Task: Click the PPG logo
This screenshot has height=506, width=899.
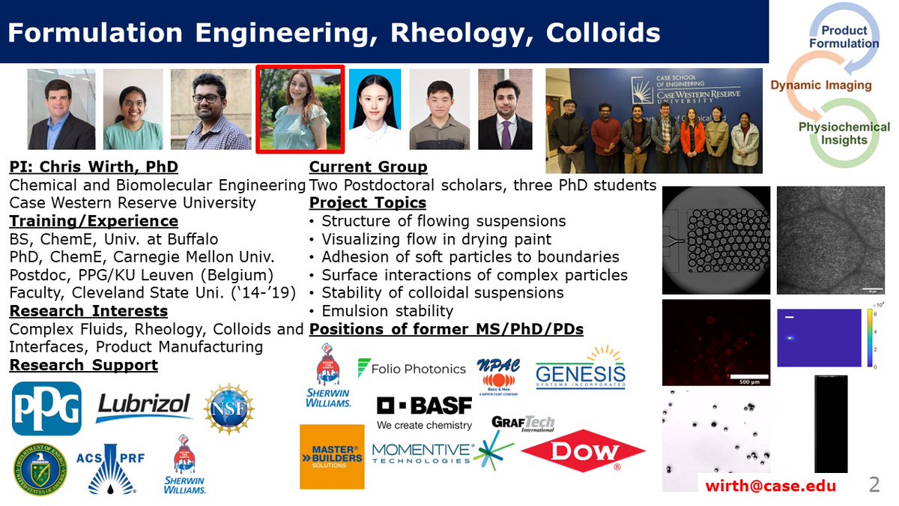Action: tap(46, 409)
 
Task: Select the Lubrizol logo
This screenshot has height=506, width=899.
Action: tap(145, 407)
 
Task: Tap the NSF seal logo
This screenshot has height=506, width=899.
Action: tap(228, 409)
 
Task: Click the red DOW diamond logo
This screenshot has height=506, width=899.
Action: tap(583, 451)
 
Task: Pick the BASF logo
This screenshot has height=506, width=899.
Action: tap(424, 412)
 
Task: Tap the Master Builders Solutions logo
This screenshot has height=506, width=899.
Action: tap(331, 454)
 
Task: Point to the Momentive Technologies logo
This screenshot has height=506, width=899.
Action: tap(423, 453)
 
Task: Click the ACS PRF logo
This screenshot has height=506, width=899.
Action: tap(112, 468)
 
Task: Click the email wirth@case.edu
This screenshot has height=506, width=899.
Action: tap(770, 486)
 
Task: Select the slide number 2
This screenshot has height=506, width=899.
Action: tap(874, 484)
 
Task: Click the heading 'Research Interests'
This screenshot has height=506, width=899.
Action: tap(88, 310)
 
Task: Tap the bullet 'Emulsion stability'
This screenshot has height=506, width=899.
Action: tap(387, 310)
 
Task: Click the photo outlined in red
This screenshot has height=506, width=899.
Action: tap(300, 109)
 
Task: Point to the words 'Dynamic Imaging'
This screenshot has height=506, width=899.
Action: tap(821, 85)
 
